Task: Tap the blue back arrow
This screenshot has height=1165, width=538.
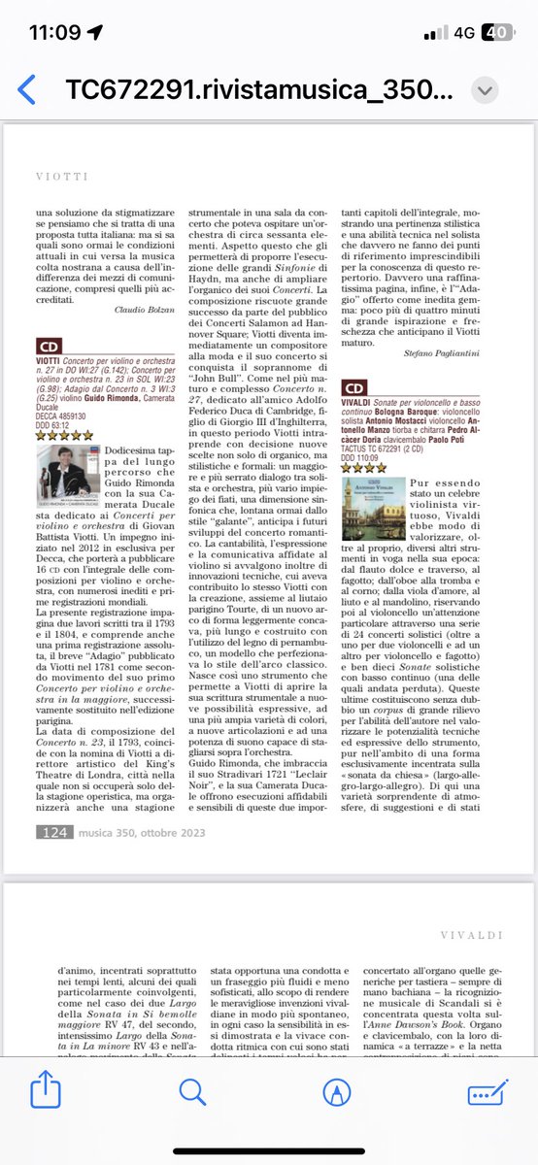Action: tap(27, 89)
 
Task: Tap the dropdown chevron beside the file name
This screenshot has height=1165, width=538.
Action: tap(486, 90)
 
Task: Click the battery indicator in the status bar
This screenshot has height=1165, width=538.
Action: tap(497, 32)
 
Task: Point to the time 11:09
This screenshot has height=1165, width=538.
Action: tap(56, 32)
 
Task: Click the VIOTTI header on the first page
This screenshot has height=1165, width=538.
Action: tap(61, 178)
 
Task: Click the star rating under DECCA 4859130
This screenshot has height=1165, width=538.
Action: tap(64, 435)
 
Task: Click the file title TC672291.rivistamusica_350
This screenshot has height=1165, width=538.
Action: tap(257, 90)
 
